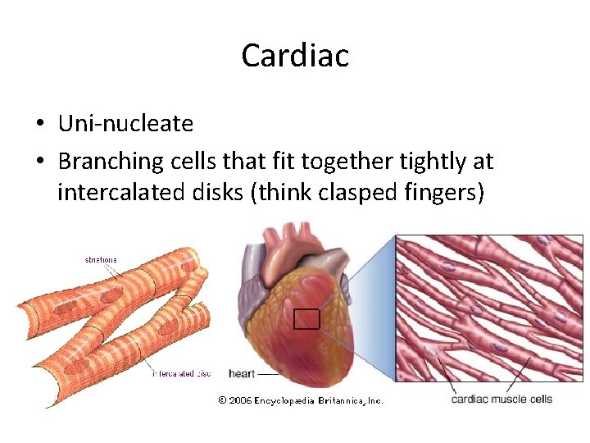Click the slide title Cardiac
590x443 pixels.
click(295, 56)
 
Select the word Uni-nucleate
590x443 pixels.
click(125, 124)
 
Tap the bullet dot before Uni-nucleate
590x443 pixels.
click(39, 125)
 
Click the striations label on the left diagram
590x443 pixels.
click(100, 259)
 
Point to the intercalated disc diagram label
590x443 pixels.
click(181, 374)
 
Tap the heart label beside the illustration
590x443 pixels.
click(242, 374)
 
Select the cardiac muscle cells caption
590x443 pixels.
click(501, 400)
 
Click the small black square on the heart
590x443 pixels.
click(306, 319)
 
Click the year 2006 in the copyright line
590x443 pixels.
click(241, 400)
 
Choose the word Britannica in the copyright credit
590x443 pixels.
click(336, 400)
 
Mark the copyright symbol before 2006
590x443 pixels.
click(222, 400)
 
